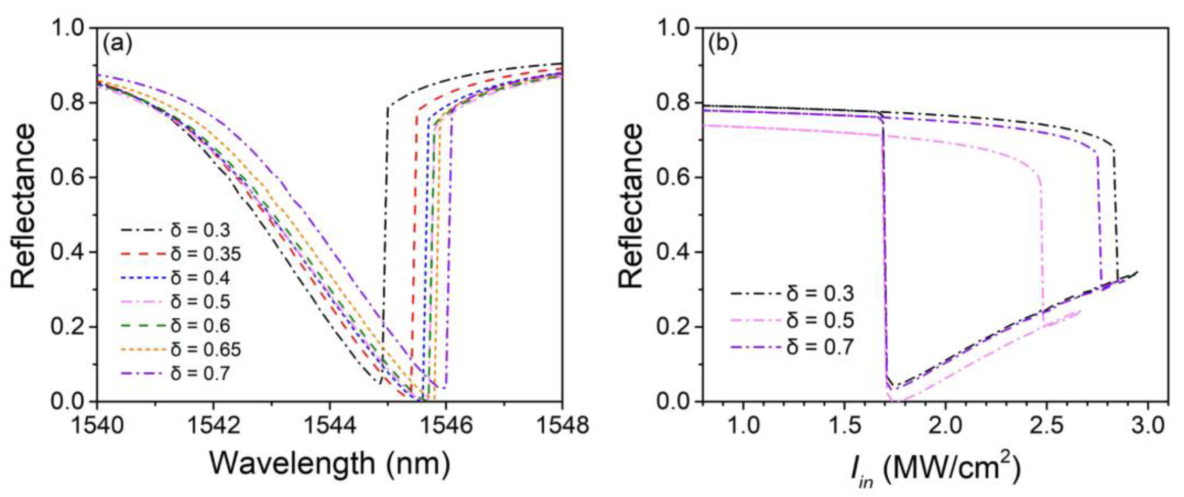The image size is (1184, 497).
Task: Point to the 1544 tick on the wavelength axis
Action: pos(329,426)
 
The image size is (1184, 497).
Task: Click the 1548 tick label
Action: pos(562,426)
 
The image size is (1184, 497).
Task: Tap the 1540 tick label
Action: pos(97,426)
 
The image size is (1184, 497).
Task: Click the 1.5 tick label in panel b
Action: pos(845,426)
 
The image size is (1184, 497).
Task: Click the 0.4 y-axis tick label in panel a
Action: pos(68,253)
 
